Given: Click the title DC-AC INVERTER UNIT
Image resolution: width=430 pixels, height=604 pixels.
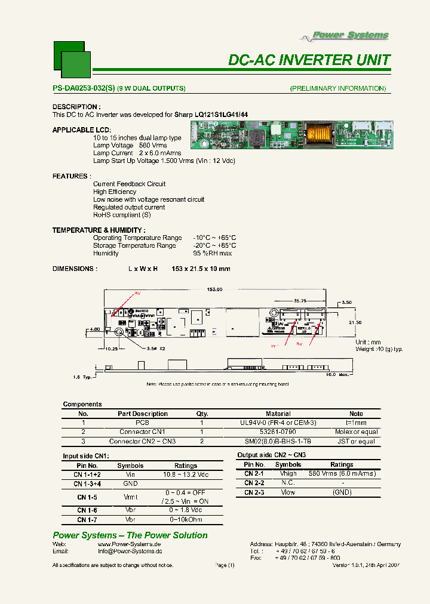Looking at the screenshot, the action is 309,60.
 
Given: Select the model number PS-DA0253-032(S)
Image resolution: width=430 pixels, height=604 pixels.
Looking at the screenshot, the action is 84,88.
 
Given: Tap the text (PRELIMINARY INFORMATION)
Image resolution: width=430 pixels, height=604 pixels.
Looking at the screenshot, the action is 338,88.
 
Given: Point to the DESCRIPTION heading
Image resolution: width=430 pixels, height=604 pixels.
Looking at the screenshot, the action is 75,107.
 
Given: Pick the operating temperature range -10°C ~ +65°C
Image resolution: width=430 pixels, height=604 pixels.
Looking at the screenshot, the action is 214,238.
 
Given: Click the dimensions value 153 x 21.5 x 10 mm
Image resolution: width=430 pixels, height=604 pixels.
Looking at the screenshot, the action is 201,269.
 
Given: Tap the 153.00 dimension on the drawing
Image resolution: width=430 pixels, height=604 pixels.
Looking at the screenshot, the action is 215,289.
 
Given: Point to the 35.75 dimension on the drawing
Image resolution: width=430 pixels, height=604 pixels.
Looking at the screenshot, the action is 300,301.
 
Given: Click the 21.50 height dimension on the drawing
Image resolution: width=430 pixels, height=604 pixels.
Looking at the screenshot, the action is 355,322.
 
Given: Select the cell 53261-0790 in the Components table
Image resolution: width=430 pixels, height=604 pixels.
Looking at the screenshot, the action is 278,432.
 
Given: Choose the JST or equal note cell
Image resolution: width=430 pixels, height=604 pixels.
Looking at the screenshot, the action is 356,442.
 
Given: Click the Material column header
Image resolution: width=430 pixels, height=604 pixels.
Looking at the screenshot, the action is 278,414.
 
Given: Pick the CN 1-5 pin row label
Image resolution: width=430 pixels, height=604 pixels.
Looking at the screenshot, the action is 87,497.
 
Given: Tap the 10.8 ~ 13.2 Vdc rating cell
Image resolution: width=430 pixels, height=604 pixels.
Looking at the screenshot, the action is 186,474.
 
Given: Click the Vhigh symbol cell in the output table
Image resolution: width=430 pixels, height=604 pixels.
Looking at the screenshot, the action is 288,473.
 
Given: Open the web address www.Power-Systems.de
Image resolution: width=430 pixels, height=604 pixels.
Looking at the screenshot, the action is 129,544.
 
